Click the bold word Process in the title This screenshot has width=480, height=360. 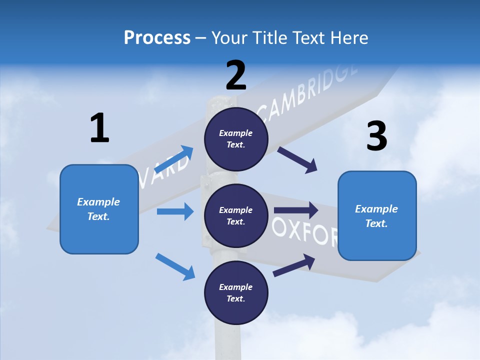(157, 37)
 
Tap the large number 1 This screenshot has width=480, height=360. (99, 128)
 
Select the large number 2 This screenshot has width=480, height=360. (236, 75)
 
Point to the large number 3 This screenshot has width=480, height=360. (376, 136)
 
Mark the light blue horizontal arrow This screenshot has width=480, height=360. (175, 211)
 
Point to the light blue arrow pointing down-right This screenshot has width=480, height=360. (175, 266)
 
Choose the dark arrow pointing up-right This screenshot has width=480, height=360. (294, 265)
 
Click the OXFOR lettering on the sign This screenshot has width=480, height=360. (305, 233)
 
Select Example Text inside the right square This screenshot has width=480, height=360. (376, 216)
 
